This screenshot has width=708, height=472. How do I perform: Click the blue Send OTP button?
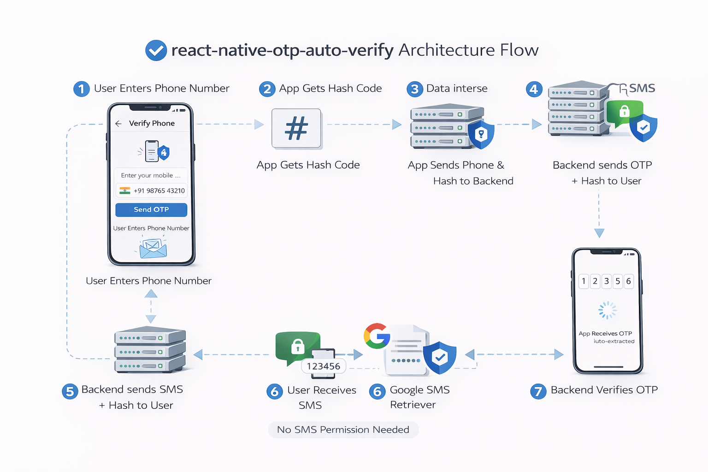(151, 210)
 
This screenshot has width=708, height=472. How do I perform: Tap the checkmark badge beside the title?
(156, 50)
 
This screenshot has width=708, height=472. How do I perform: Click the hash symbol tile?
(296, 129)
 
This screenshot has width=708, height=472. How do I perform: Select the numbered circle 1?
(82, 88)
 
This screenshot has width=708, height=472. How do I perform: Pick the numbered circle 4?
(534, 89)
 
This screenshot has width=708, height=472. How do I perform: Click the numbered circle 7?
(538, 391)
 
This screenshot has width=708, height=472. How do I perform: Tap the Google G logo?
(376, 336)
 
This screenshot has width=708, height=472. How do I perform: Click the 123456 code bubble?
(324, 366)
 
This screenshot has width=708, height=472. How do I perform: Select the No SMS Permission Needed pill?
(343, 430)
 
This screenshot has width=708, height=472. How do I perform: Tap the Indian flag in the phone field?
(125, 190)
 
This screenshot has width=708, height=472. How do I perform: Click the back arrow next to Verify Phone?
(118, 124)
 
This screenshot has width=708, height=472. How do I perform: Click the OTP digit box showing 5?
(618, 281)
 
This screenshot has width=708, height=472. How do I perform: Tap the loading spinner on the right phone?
(607, 310)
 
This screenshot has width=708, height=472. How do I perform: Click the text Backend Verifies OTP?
(604, 390)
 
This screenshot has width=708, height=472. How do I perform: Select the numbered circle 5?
(70, 391)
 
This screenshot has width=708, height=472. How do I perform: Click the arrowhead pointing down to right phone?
(599, 233)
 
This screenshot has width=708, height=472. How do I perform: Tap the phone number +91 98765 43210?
(159, 191)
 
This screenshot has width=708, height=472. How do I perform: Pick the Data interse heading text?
(456, 88)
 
